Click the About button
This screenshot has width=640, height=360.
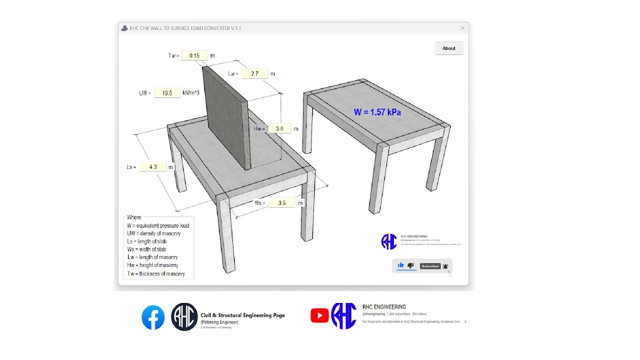449,48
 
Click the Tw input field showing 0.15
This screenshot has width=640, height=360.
194,55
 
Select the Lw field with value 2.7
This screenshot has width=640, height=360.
254,73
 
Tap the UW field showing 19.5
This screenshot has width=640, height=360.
167,93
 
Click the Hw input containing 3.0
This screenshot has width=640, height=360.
279,128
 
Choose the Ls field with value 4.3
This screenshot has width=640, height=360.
153,167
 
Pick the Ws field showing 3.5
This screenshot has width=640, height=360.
281,203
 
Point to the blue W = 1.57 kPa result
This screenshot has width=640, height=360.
377,112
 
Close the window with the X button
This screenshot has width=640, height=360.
462,28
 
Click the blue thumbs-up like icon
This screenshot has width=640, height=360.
400,265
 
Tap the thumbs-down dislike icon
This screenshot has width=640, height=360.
410,265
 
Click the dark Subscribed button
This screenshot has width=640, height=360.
429,266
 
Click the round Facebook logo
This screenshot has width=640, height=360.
153,317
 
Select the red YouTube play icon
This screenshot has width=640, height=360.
319,315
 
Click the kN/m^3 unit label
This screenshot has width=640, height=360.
191,92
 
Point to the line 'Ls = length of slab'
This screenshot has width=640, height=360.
146,241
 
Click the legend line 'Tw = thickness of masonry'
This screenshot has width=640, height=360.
155,273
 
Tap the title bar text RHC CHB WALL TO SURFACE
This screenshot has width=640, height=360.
185,28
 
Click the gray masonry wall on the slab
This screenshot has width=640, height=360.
225,120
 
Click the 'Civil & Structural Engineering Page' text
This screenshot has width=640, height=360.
242,315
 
